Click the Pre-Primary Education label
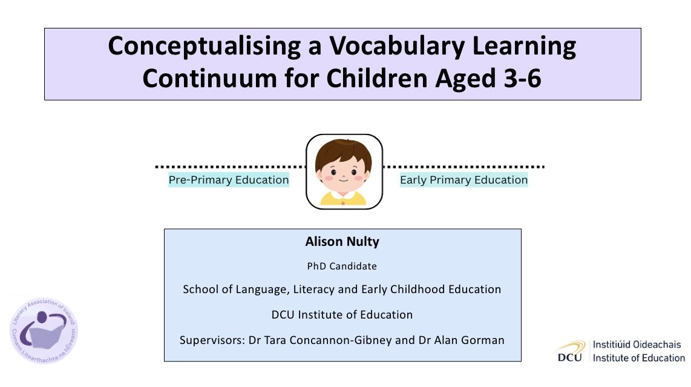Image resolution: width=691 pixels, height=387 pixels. tap(229, 180)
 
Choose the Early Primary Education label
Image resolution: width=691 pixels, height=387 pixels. tap(463, 180)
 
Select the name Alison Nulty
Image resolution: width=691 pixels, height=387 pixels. tap(342, 242)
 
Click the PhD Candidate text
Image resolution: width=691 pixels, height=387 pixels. tap(342, 266)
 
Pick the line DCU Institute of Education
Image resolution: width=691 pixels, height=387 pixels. tap(342, 314)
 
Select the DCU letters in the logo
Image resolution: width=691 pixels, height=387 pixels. tap(569, 357)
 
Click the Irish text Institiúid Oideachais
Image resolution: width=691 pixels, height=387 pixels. tap(637, 344)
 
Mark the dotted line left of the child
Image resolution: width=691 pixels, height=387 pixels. tap(230, 166)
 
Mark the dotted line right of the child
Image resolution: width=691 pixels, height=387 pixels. tap(464, 166)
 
